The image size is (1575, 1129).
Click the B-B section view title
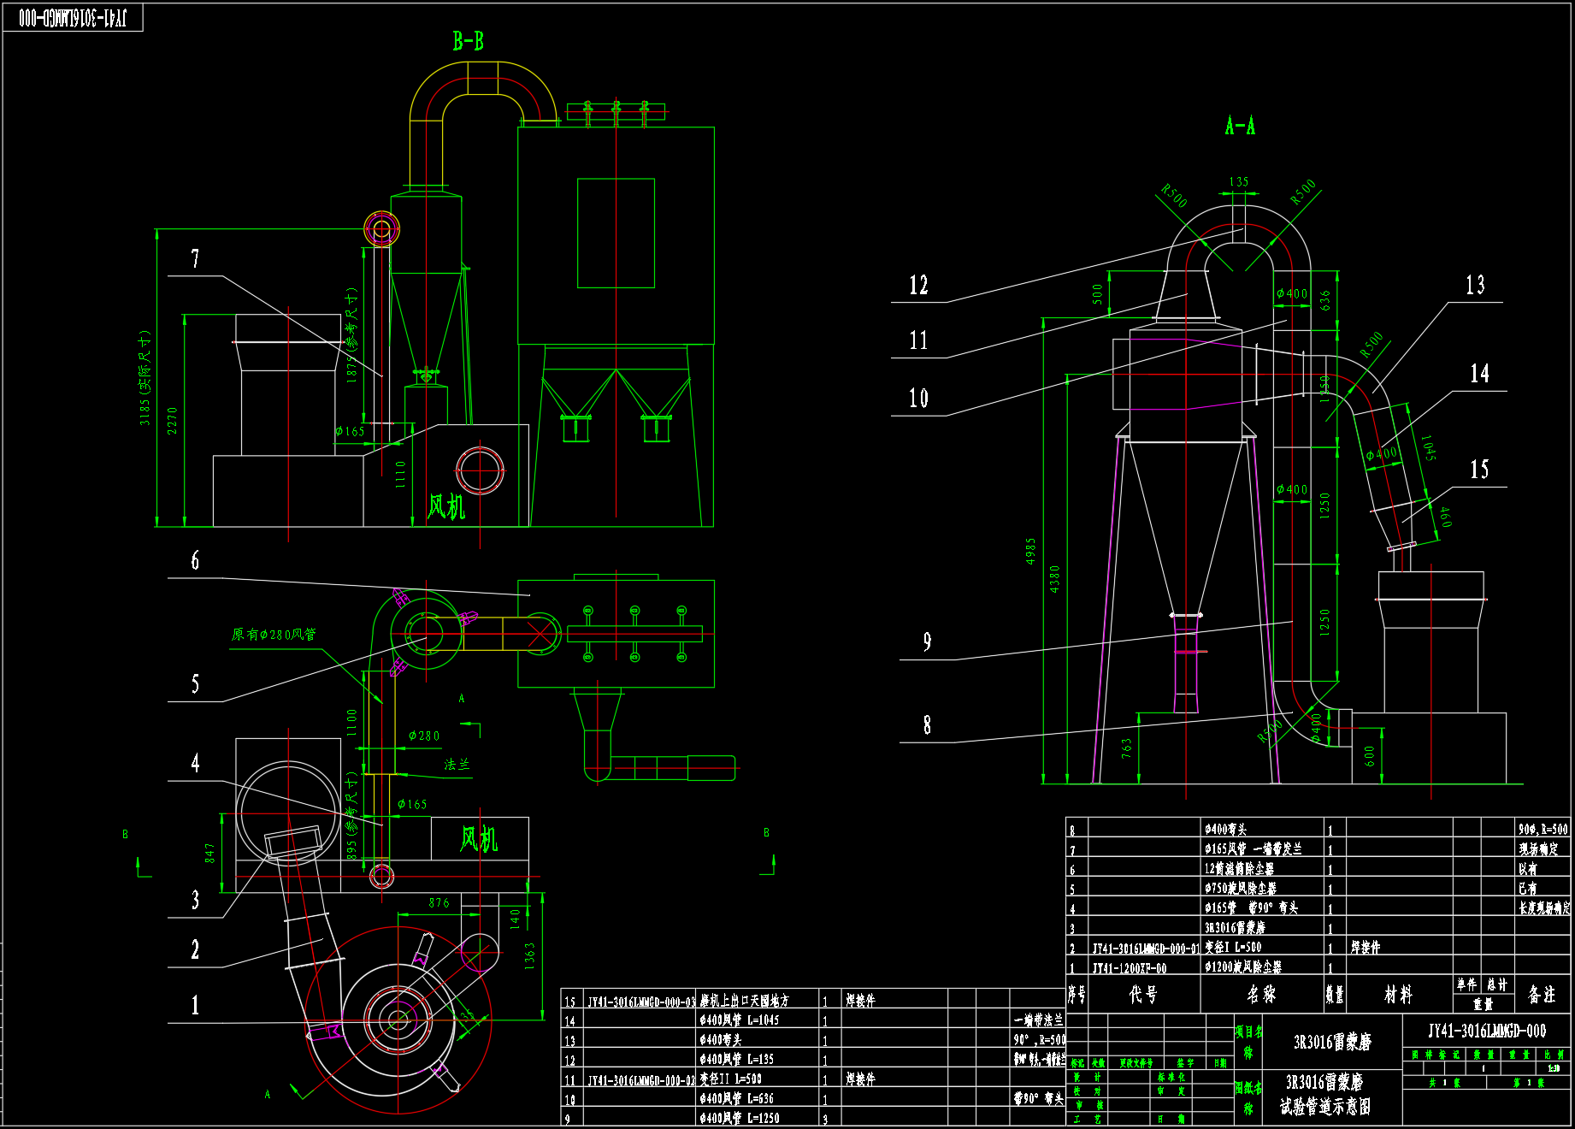point(469,41)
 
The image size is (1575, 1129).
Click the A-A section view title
point(1240,127)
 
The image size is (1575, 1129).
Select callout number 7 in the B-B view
point(195,258)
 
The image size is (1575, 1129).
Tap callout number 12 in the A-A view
point(918,285)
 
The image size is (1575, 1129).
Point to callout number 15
point(1479,469)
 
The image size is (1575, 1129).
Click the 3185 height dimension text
point(145,377)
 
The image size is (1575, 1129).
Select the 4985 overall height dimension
point(1030,551)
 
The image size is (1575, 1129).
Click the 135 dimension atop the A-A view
point(1239,182)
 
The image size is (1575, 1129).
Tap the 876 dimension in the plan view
point(439,902)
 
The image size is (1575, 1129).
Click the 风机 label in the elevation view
point(445,506)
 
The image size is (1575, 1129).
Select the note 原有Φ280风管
point(274,635)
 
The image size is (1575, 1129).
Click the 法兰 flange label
point(457,765)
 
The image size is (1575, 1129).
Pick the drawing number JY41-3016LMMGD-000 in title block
point(1486,1031)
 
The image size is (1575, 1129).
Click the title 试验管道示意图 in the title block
point(1324,1107)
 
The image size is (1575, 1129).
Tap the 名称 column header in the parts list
point(1261,994)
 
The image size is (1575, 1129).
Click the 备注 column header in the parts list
point(1542,994)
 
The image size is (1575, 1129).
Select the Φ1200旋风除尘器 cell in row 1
point(1243,967)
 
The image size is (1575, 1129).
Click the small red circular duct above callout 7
point(381,228)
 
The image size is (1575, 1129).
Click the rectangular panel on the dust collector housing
point(616,233)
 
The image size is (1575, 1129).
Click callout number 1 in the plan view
point(195,1005)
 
